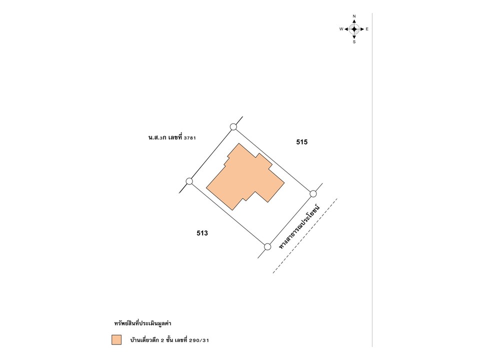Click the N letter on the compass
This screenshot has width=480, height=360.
[354, 16]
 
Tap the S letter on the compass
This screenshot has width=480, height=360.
[354, 42]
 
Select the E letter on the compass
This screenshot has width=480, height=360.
[367, 29]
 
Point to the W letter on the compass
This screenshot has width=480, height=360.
[341, 29]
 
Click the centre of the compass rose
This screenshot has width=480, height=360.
[354, 29]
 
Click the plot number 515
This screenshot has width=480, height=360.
[302, 142]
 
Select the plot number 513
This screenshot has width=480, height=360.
[202, 233]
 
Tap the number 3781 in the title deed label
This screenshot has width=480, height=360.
[190, 138]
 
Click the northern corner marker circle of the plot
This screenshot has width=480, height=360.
[233, 126]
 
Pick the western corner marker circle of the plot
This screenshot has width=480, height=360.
[189, 181]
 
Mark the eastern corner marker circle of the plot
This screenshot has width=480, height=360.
[313, 194]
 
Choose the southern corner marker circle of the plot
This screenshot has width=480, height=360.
[267, 246]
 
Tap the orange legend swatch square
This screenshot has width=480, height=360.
[116, 340]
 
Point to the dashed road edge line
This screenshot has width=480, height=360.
[305, 235]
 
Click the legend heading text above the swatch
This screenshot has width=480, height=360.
[142, 323]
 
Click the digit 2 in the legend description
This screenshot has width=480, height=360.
[162, 340]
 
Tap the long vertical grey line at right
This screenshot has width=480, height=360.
[372, 180]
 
